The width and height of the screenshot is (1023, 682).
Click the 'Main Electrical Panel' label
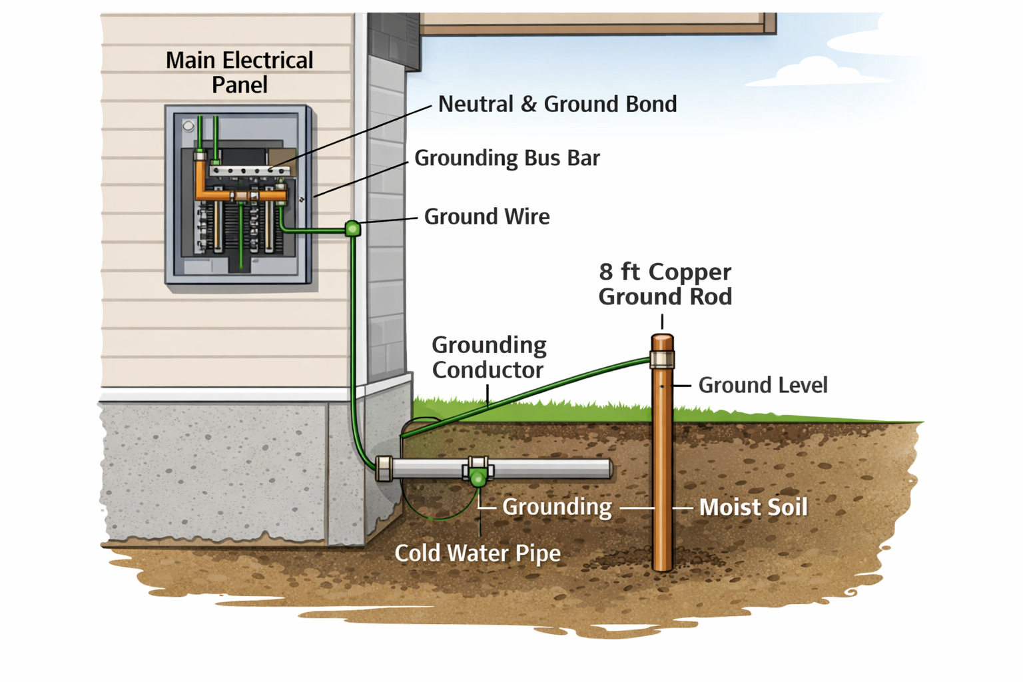click(x=239, y=72)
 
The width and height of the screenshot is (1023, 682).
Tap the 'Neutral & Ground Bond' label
click(x=557, y=104)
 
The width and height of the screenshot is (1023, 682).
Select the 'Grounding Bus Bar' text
click(x=507, y=158)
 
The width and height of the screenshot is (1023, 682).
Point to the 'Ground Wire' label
click(x=486, y=216)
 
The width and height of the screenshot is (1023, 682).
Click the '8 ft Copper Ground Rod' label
click(x=665, y=284)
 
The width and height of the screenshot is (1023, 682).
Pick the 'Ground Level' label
click(x=763, y=385)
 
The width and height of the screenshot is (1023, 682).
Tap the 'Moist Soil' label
click(x=753, y=508)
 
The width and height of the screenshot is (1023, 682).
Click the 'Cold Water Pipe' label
click(x=477, y=553)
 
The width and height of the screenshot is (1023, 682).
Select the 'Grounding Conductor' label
click(x=489, y=357)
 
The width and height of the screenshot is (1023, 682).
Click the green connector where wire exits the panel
click(x=353, y=229)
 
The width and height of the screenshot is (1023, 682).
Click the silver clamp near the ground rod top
click(x=662, y=360)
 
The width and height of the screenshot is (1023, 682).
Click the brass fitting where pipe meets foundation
click(x=384, y=468)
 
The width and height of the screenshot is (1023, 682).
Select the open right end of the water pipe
click(x=608, y=468)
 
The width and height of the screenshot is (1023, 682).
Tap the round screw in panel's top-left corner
click(x=188, y=126)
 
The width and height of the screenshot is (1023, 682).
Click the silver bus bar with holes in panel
click(x=249, y=171)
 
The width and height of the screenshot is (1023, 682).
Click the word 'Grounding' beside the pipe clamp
click(x=557, y=507)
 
